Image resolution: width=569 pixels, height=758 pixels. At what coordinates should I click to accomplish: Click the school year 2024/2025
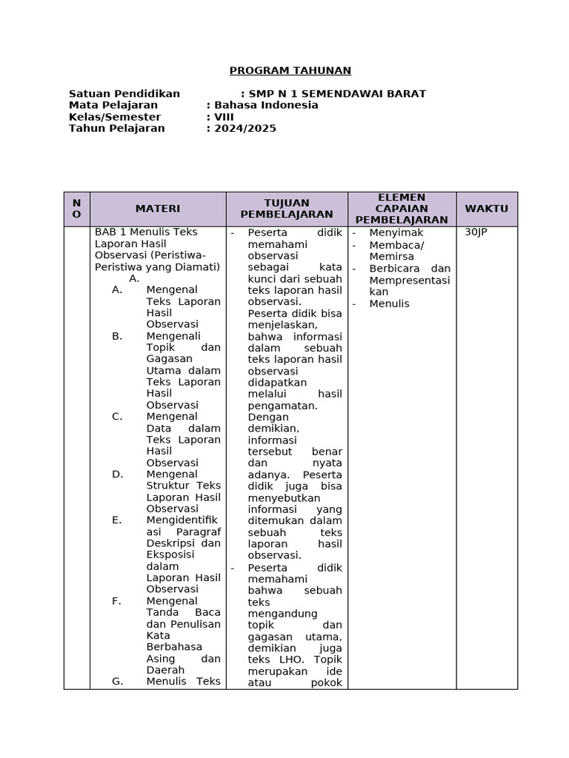tap(245, 128)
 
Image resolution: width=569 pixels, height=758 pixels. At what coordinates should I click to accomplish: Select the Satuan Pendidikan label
tap(124, 93)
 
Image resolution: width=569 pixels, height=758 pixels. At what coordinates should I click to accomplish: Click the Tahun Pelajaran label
tap(117, 128)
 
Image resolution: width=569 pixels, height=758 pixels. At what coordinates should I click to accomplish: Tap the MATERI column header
tap(157, 209)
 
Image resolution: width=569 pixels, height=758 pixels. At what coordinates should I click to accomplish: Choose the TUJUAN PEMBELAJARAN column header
tap(286, 209)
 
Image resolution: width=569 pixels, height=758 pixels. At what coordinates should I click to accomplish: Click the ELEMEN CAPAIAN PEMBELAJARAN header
tap(402, 209)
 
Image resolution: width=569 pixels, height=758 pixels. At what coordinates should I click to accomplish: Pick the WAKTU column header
tap(486, 209)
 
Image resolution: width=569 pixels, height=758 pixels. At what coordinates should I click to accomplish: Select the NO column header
tap(76, 209)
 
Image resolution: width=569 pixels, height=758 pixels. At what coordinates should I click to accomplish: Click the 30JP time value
tap(476, 232)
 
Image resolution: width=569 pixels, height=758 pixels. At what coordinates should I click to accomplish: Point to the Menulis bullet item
tap(389, 303)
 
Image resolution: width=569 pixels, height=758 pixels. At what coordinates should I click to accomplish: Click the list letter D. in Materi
tap(117, 474)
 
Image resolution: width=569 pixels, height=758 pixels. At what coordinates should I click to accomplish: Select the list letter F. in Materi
tap(117, 600)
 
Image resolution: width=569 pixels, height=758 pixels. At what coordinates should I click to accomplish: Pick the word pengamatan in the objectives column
tap(282, 406)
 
